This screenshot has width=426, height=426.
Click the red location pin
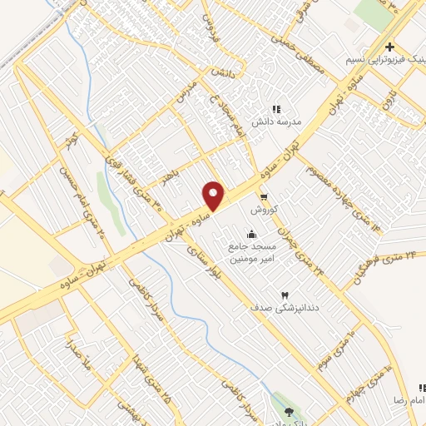pos(214,195)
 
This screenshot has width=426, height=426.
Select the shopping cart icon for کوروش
pos(264,197)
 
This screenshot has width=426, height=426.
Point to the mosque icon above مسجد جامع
pos(252,234)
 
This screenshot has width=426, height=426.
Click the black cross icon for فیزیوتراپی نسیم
pos(389,46)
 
